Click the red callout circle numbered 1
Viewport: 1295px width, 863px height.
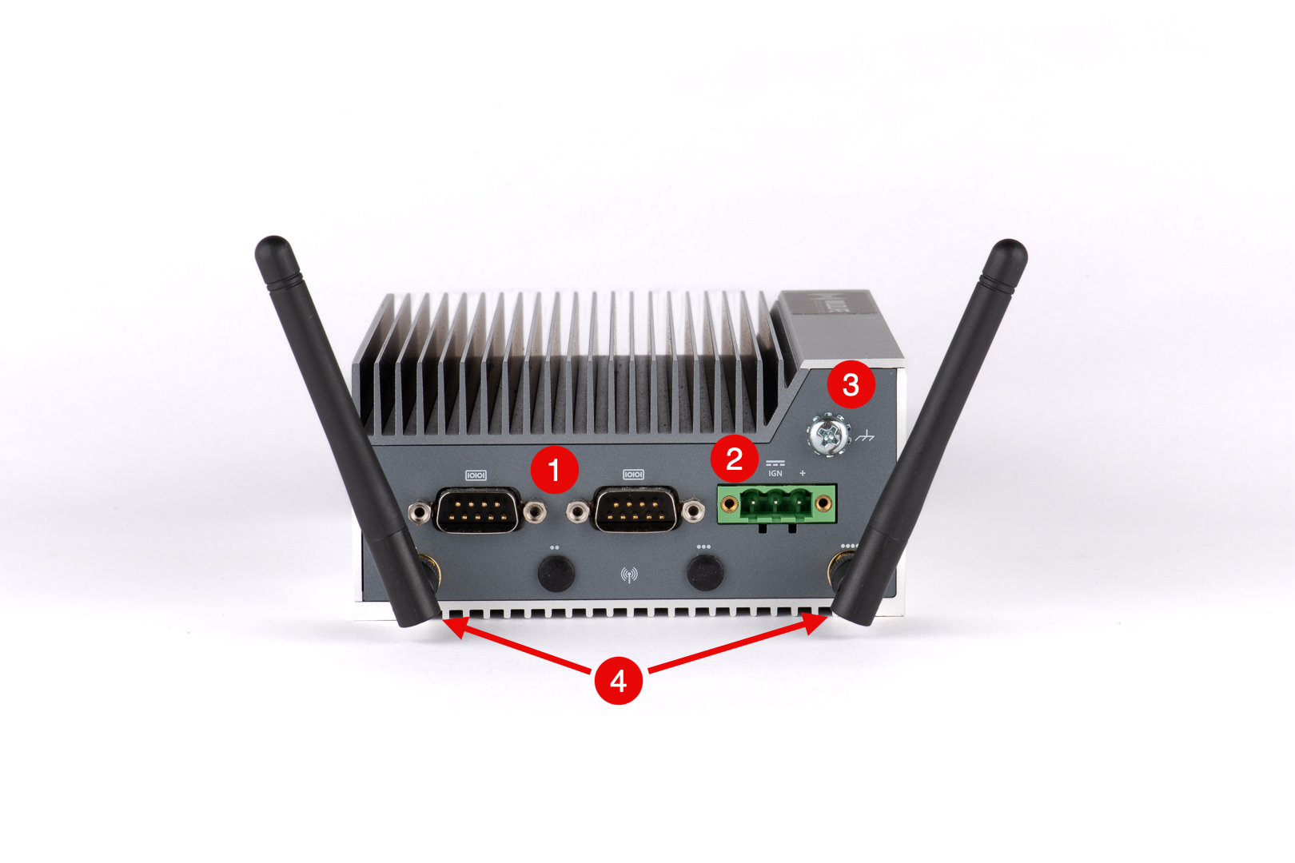(554, 469)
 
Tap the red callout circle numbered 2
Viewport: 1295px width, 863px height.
(734, 459)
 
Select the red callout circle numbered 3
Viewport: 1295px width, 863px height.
(851, 385)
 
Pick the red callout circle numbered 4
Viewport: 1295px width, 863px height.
(618, 681)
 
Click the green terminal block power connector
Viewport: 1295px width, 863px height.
(776, 504)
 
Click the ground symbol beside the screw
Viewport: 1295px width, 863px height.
(865, 436)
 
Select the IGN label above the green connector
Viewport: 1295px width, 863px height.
(775, 473)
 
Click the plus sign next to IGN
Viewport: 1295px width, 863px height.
(803, 473)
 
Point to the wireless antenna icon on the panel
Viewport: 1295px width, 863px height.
(629, 575)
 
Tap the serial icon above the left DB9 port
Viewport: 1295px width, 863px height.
(476, 475)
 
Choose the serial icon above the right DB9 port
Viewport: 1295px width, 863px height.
(633, 475)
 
